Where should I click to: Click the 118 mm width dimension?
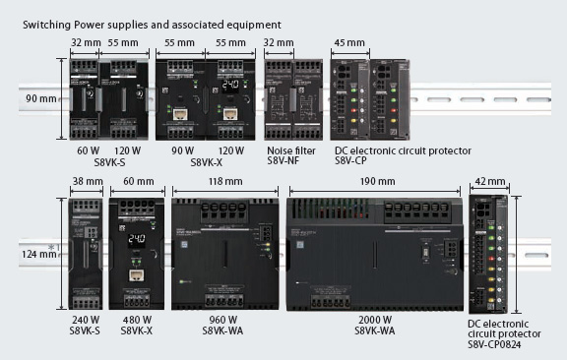[226, 182]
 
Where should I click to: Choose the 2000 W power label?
[374, 320]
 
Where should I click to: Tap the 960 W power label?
[225, 320]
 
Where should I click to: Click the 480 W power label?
[136, 320]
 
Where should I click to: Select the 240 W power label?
[86, 320]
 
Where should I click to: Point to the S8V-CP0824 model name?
[497, 347]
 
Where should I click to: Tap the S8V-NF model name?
[285, 161]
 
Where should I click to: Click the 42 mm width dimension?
[489, 182]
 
